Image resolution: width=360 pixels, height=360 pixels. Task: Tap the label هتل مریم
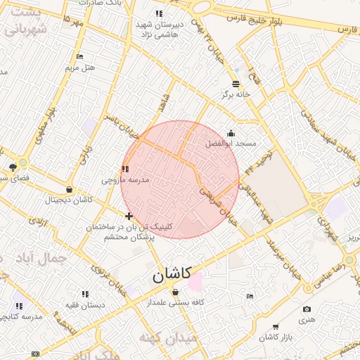[79, 67]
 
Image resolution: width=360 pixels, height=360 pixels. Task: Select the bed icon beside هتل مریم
[79, 56]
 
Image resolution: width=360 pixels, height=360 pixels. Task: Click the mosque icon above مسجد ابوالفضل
[231, 133]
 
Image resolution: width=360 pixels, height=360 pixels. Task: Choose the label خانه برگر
[236, 94]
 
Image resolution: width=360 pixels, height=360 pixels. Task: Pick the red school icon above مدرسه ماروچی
[126, 169]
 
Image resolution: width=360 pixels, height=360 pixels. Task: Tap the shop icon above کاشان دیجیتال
[69, 189]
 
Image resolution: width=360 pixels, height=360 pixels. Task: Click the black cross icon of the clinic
[128, 216]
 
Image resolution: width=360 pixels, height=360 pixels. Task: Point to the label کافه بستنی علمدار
[175, 302]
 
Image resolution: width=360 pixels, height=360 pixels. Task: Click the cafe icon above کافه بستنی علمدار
[175, 292]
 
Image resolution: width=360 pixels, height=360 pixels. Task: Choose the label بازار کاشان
[276, 338]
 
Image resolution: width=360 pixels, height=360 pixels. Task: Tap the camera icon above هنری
[307, 309]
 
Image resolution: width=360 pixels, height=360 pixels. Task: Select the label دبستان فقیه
[86, 305]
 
